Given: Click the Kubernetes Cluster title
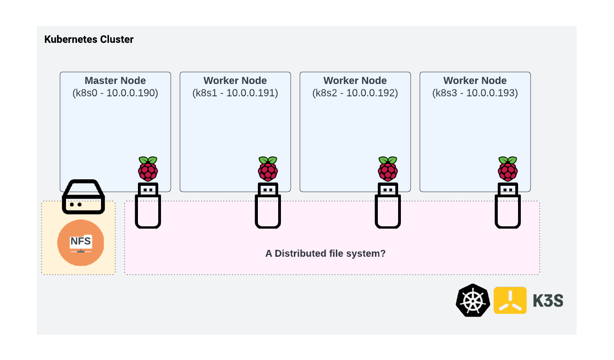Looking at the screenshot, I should (89, 40).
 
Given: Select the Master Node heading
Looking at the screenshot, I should (115, 81).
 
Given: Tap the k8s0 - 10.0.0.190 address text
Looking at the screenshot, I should (115, 93).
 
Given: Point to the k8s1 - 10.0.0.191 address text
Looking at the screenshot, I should (235, 93).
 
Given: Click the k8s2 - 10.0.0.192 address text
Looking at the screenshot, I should (355, 93).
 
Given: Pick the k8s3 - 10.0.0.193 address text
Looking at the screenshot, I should (475, 93).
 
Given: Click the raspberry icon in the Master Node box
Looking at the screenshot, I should (148, 169).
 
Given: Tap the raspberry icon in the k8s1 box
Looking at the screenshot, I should (268, 169).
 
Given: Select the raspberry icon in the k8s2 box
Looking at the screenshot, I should (387, 169).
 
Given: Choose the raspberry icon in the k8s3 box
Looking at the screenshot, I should (507, 169).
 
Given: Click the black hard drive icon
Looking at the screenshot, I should (83, 197).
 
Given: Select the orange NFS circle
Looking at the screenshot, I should (81, 243).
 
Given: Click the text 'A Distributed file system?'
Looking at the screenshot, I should (325, 254).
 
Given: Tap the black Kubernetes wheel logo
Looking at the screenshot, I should (472, 301).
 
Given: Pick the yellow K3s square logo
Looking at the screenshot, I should (510, 301).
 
